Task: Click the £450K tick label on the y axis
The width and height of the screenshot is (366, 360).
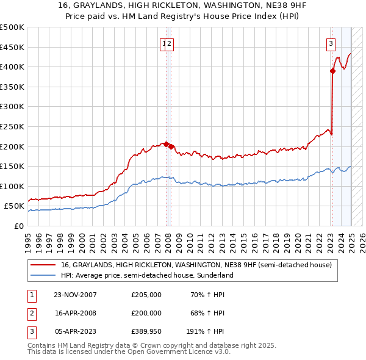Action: click(12, 47)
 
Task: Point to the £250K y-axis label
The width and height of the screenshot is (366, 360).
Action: click(12, 126)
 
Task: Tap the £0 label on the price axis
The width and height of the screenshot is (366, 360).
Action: click(19, 226)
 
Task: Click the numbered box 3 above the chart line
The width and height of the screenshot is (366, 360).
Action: click(331, 43)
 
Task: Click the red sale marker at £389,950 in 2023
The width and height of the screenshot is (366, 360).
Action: click(333, 71)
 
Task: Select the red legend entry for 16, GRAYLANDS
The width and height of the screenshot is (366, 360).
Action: click(195, 265)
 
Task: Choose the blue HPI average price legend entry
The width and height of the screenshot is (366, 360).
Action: click(146, 275)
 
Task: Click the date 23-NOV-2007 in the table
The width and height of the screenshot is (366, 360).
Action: click(76, 295)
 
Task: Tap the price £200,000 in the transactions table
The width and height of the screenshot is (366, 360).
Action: click(146, 313)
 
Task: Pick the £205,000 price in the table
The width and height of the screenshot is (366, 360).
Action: click(146, 295)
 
